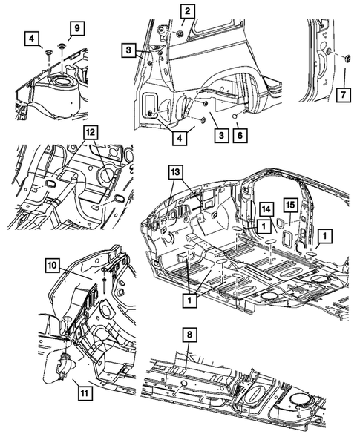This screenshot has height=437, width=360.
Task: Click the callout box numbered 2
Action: (187, 11)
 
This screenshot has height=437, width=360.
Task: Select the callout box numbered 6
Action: (240, 135)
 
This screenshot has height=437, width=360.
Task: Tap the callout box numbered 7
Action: (343, 95)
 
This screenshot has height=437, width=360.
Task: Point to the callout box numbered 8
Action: (189, 335)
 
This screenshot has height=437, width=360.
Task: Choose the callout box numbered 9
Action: (77, 28)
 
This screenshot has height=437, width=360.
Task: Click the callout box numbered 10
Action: (52, 265)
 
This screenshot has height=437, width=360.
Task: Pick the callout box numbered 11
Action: (85, 392)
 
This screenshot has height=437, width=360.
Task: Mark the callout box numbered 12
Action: (91, 132)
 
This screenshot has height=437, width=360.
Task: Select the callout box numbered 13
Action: (176, 173)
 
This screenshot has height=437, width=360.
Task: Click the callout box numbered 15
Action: (290, 205)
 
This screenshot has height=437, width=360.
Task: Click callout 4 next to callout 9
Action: (31, 39)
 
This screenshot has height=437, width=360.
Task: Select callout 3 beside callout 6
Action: (221, 135)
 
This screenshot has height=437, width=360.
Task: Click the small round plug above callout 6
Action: (235, 116)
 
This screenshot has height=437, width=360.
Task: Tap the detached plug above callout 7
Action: (347, 59)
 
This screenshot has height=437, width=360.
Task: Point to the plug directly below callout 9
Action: (61, 45)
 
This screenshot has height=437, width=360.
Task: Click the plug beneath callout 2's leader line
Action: (179, 33)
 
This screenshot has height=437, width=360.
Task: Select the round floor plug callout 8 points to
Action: (183, 384)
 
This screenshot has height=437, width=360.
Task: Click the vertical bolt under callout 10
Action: (104, 280)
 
